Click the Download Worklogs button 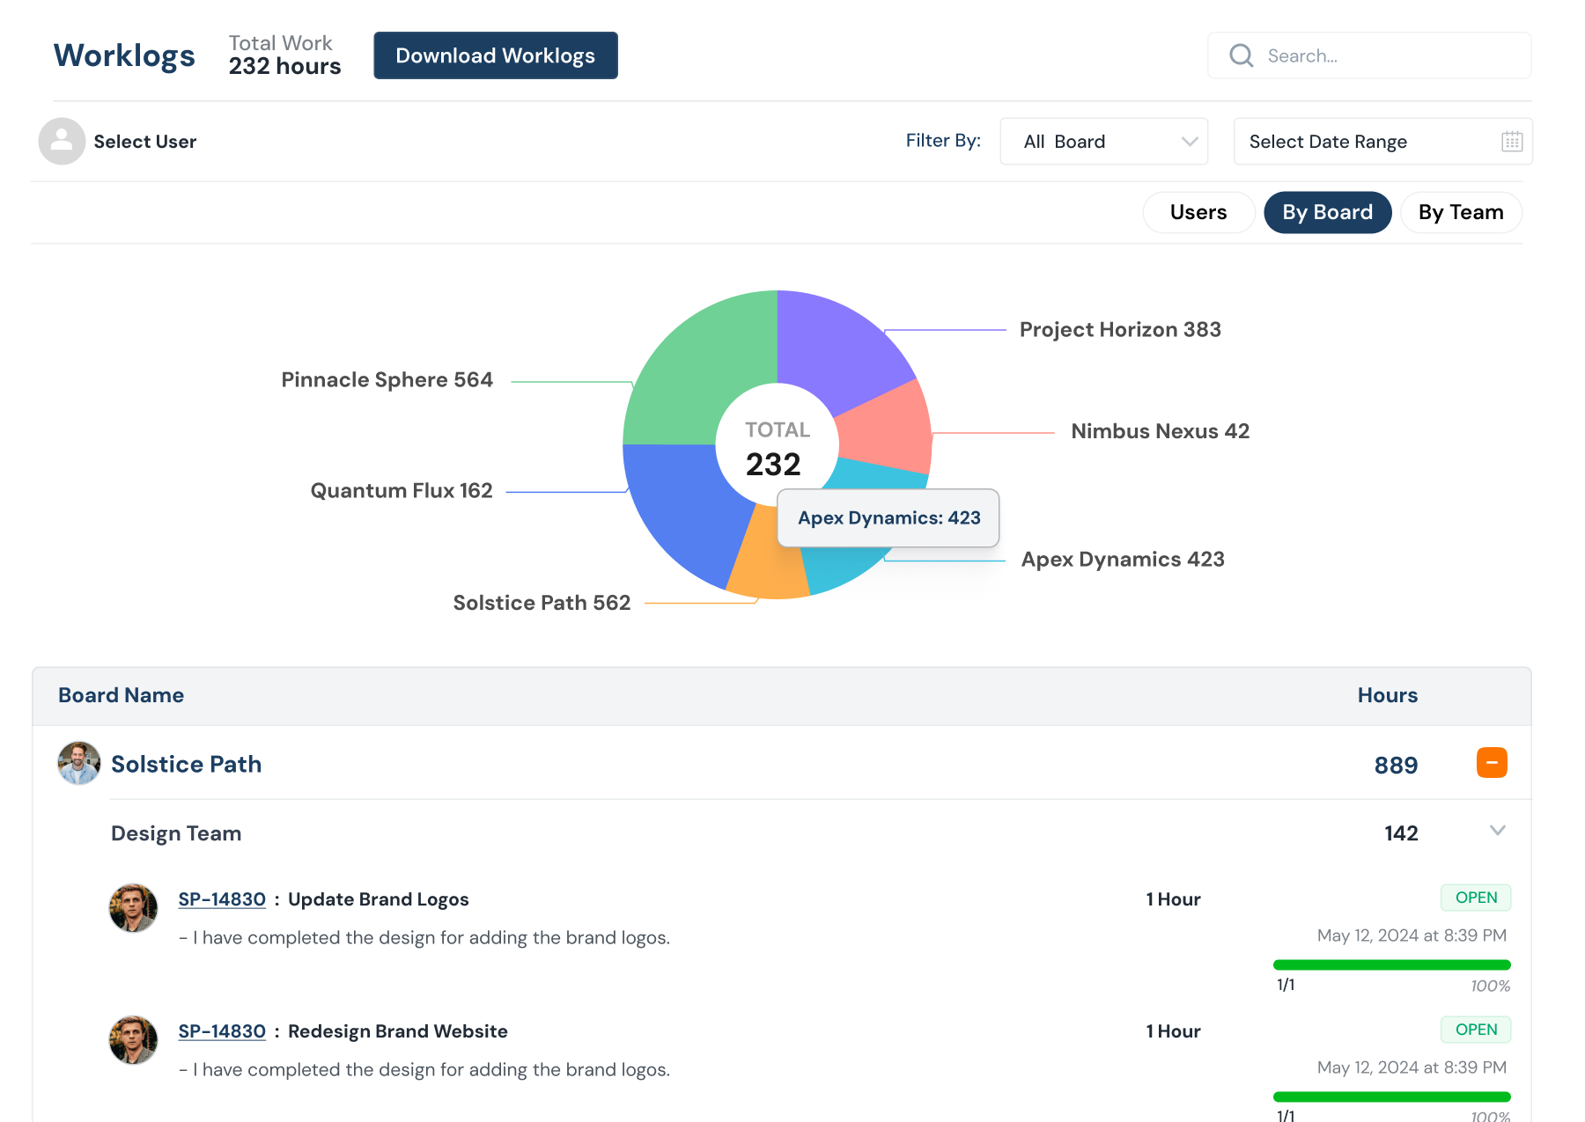[x=496, y=55]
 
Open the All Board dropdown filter [x=1103, y=142]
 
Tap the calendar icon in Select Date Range [x=1511, y=142]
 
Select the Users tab [x=1198, y=212]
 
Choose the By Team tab [x=1460, y=212]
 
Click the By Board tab [x=1327, y=212]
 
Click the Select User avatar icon [x=62, y=141]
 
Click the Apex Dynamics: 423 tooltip [x=888, y=518]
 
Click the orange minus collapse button [x=1491, y=763]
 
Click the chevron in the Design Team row [x=1497, y=831]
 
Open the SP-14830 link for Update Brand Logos [x=222, y=899]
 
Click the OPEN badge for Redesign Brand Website [x=1475, y=1030]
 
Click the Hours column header [x=1387, y=695]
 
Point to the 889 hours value [x=1396, y=765]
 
